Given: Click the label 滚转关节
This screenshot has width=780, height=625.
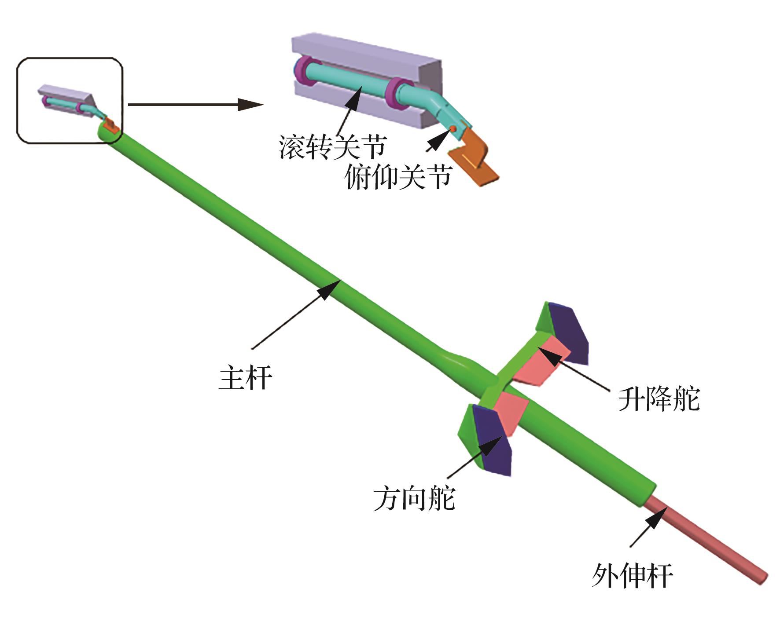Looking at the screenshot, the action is (x=333, y=146).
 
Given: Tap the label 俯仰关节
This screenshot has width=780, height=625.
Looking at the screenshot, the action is (x=398, y=177).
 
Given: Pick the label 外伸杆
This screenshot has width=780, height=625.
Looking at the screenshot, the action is (x=632, y=576).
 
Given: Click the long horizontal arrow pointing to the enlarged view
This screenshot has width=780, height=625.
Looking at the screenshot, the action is (x=196, y=105).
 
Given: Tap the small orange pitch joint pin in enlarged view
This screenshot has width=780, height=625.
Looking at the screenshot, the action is (x=452, y=128).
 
